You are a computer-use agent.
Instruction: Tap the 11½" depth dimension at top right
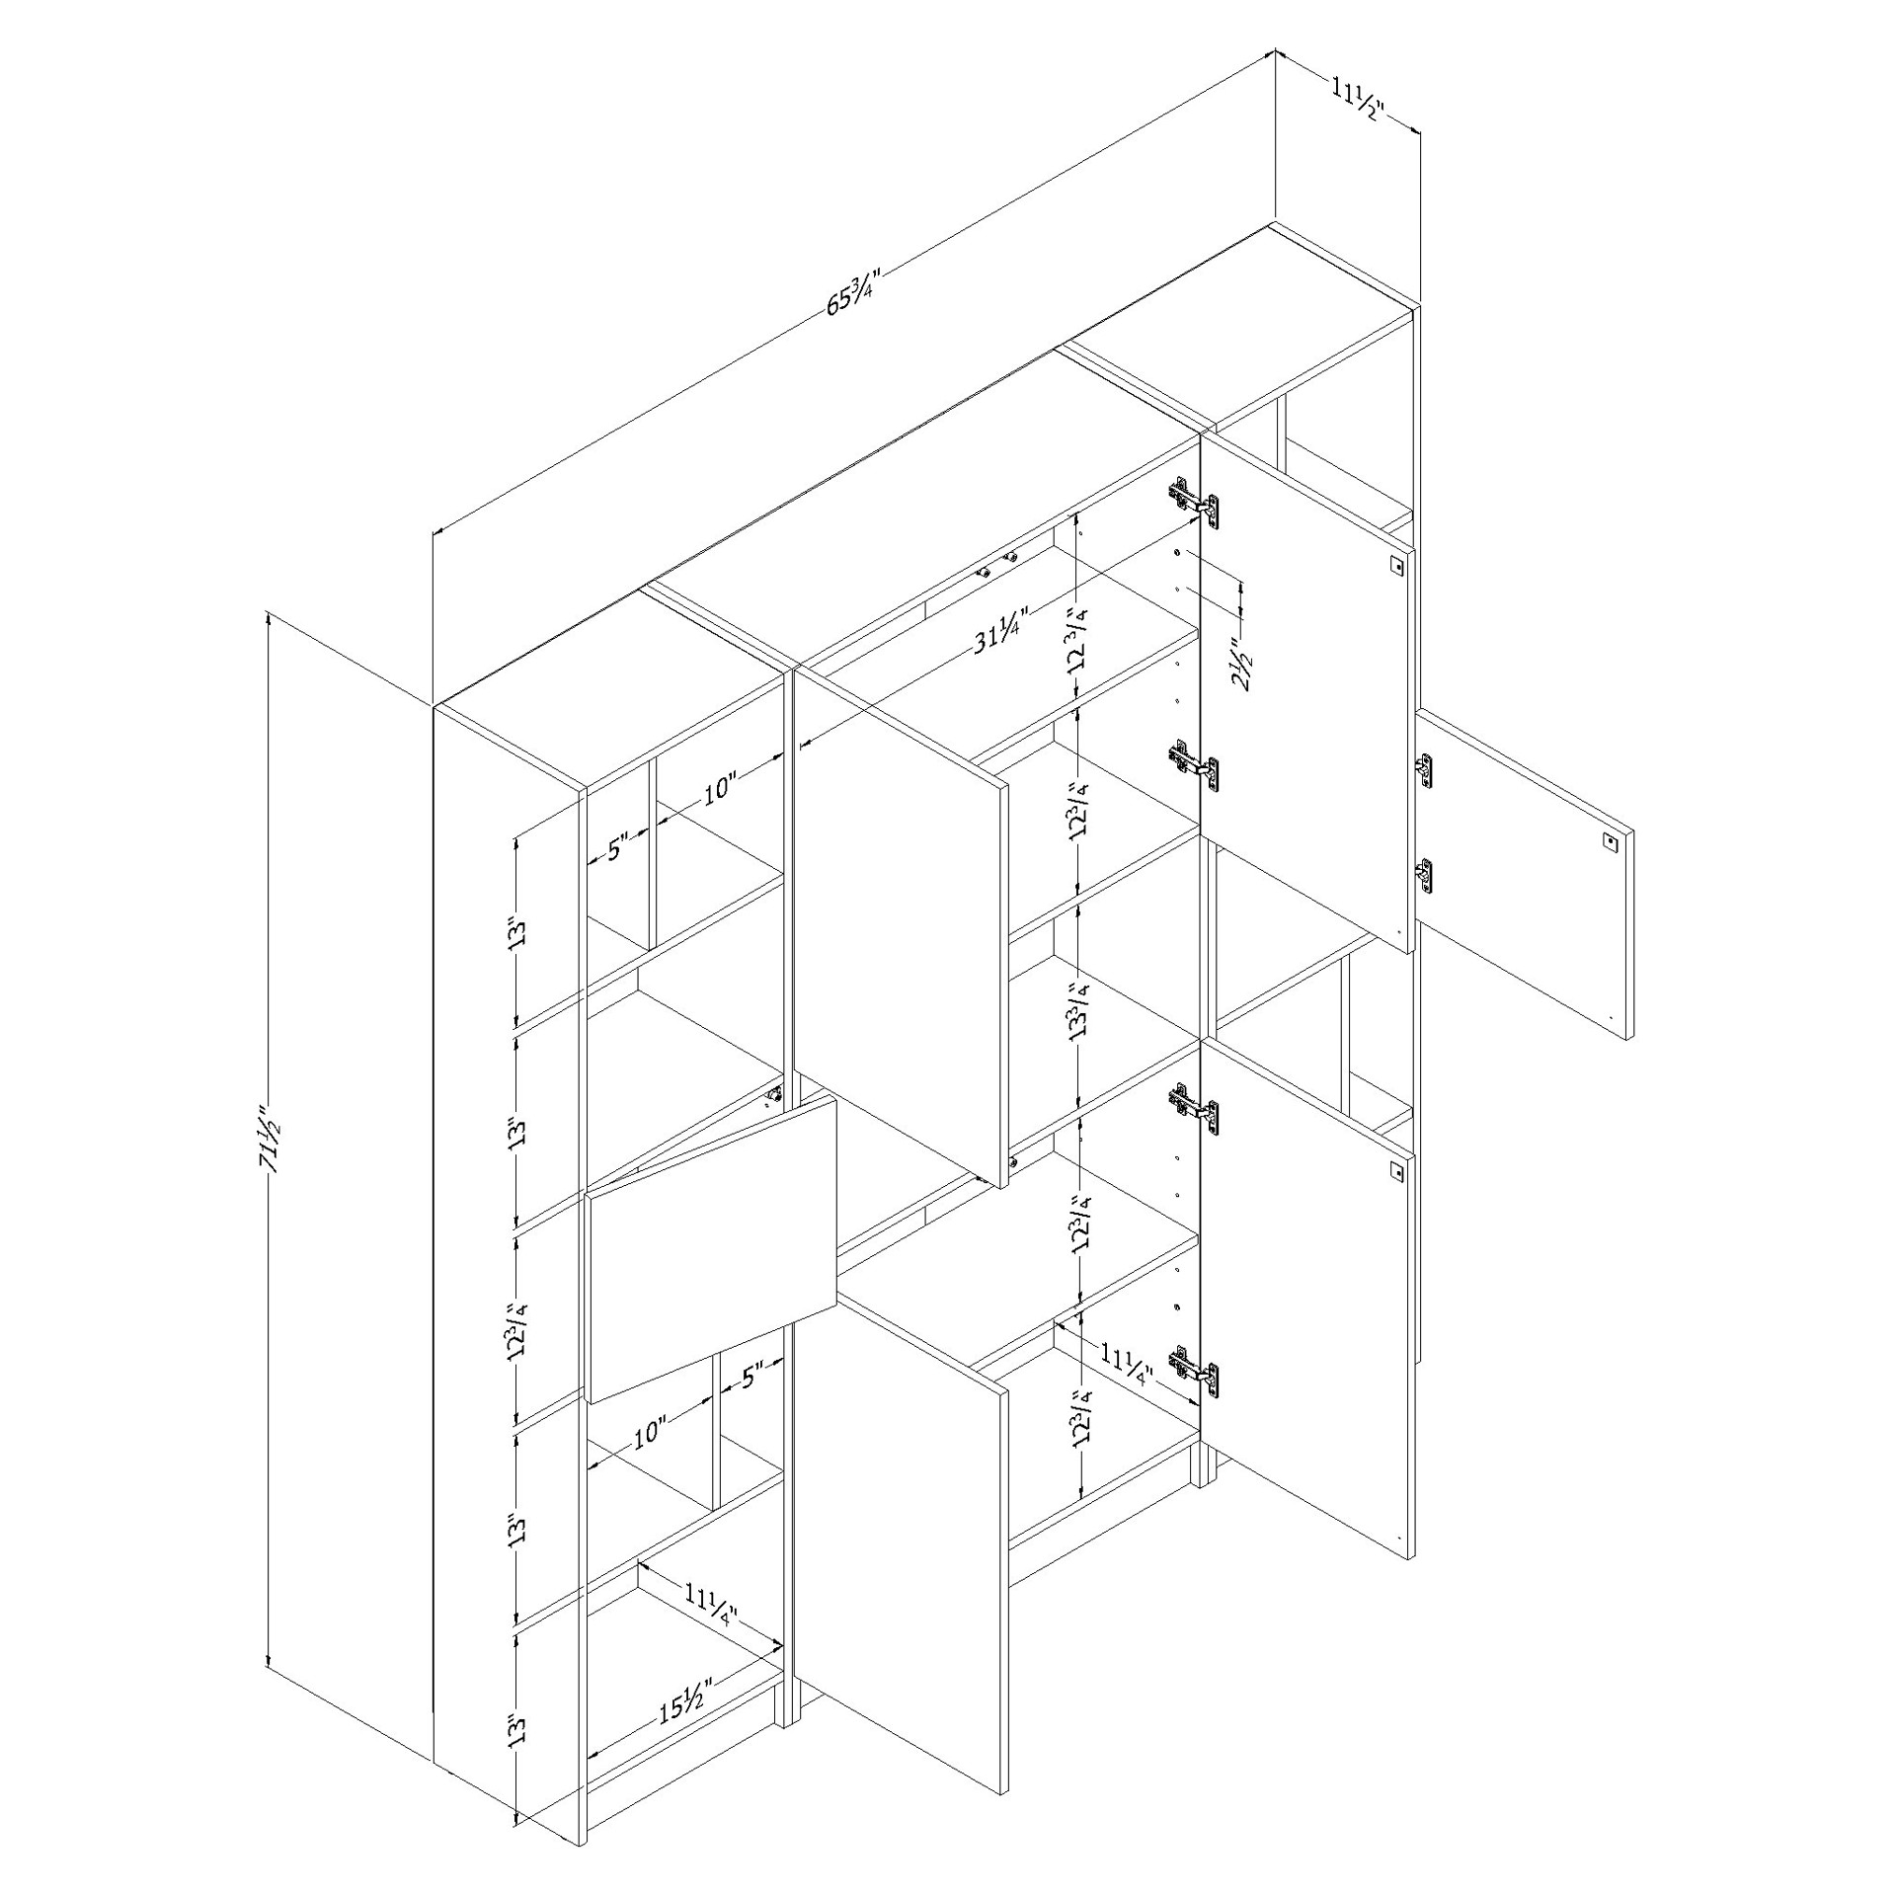1358,102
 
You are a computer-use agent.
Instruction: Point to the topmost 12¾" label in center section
1082,640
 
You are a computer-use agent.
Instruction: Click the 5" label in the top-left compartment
618,847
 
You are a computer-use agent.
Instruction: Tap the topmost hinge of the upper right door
1194,503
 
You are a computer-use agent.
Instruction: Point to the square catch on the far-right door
1610,841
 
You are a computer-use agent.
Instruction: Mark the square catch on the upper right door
1395,566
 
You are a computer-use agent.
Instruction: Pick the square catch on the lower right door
1395,1171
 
